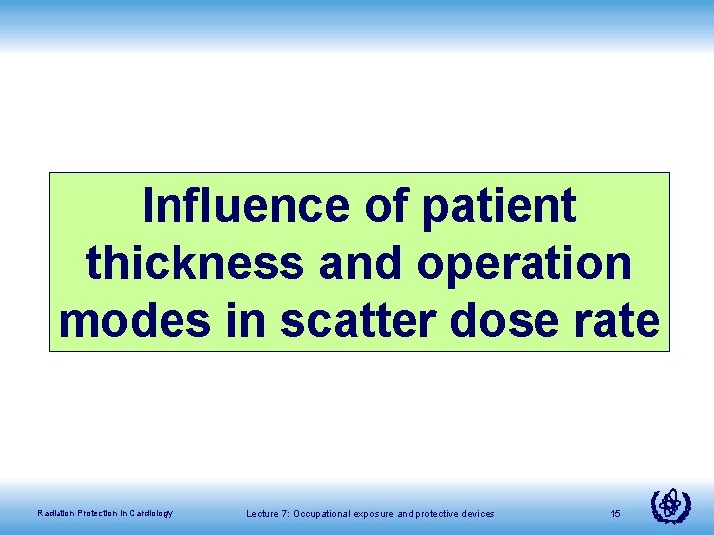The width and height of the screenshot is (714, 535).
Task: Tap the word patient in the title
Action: point(499,206)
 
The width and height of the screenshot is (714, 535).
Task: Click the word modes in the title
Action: point(135,320)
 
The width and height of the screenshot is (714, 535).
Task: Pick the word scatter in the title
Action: point(344,320)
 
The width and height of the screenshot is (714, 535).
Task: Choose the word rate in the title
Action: point(619,320)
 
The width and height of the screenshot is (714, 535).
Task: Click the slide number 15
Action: point(615,513)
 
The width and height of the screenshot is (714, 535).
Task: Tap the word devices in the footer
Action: point(476,513)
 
